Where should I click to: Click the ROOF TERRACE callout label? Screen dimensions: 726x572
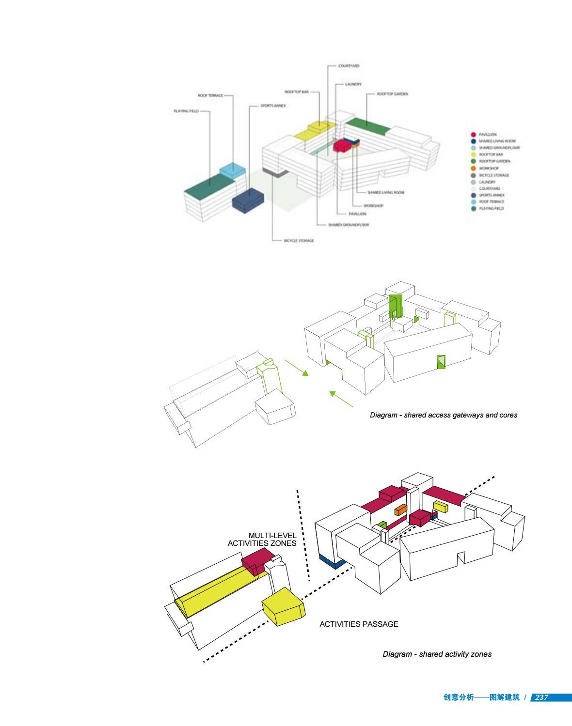tap(210, 96)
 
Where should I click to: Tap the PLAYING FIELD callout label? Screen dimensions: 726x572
tap(186, 111)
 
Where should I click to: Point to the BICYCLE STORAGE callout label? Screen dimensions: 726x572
tap(299, 240)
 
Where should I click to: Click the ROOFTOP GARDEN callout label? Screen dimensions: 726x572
tap(392, 94)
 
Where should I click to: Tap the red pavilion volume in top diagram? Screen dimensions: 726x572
tap(342, 145)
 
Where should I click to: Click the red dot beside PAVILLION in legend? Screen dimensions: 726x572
tap(473, 134)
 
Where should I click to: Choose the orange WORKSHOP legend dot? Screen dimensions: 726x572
tap(473, 168)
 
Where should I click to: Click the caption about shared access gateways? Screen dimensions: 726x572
tap(444, 415)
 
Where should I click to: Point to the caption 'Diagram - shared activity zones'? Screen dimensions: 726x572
tap(437, 654)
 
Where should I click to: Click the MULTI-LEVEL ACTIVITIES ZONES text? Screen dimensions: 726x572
tap(262, 540)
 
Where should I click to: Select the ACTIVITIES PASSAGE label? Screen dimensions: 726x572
tap(359, 624)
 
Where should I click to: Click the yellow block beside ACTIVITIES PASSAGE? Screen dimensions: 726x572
tap(283, 607)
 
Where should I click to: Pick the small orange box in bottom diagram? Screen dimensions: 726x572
tap(400, 510)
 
